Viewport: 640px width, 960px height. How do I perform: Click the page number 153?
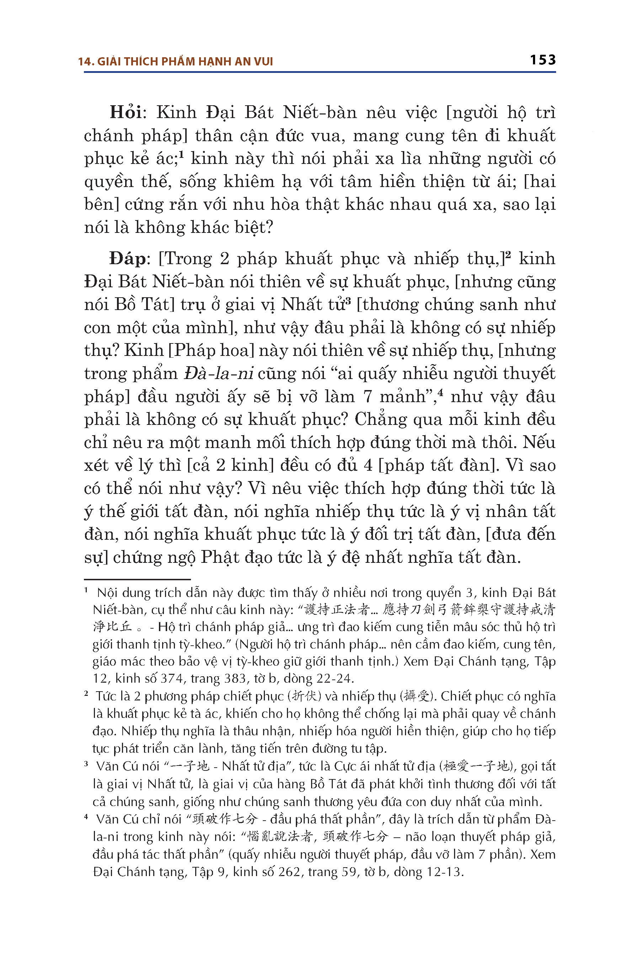click(x=543, y=60)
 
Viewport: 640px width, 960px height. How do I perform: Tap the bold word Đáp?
click(x=127, y=258)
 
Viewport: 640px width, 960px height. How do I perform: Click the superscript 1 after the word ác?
click(x=182, y=154)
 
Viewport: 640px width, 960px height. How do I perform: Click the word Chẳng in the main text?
click(x=380, y=419)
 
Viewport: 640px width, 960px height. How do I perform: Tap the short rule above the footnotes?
click(x=137, y=579)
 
